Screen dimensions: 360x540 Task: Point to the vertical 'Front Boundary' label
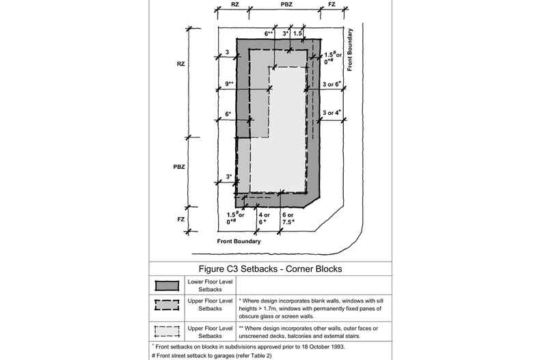pos(349,49)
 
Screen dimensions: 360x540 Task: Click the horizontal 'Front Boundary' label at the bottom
pos(239,242)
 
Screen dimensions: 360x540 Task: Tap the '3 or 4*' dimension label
pos(332,112)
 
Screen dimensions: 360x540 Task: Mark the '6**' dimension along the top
pos(269,33)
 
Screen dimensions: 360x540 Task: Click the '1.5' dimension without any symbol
pos(297,33)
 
